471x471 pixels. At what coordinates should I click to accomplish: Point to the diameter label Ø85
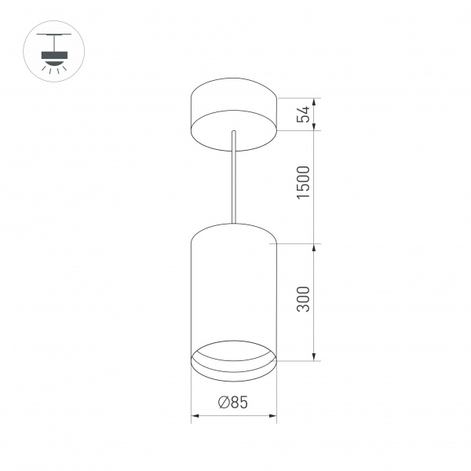[x=233, y=403]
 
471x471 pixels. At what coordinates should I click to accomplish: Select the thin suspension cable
[x=233, y=177]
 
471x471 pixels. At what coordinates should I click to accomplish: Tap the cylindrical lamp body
[x=233, y=290]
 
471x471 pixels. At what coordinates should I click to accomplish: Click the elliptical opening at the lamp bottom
[x=233, y=358]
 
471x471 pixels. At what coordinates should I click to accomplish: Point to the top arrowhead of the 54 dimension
[x=316, y=100]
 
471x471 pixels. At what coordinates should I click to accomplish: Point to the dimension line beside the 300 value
[x=316, y=302]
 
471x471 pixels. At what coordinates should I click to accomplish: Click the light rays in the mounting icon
[x=54, y=66]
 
